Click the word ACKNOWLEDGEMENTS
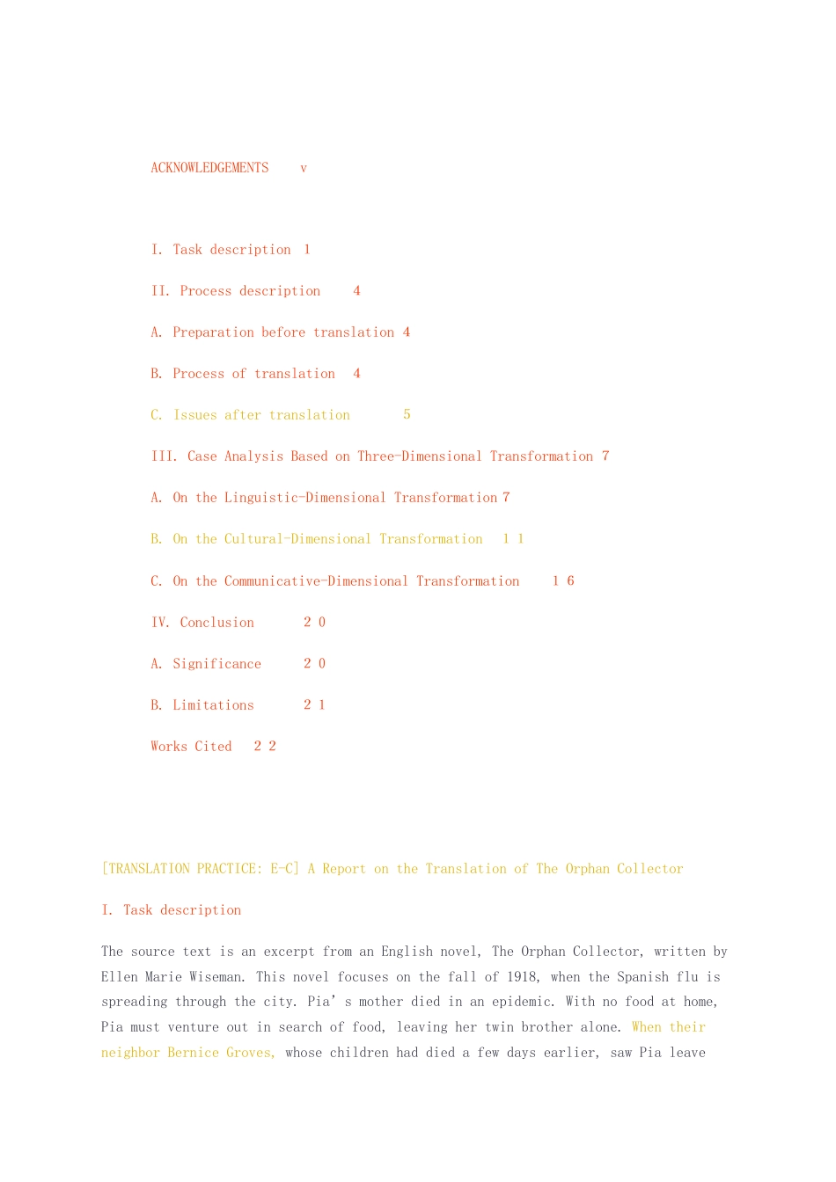(209, 168)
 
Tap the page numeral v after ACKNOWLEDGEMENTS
(304, 168)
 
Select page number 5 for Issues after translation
(407, 415)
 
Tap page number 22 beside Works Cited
(265, 747)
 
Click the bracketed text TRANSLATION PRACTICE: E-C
(201, 869)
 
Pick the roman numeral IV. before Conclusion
(160, 623)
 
